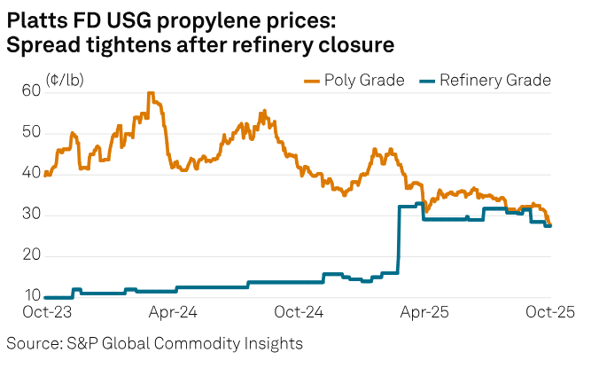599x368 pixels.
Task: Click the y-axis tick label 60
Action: coord(32,90)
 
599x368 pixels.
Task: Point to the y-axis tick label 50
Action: coord(32,132)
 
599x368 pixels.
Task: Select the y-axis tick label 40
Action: coord(32,174)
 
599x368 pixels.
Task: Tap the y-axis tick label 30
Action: coord(32,215)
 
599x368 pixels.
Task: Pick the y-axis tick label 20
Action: coord(32,256)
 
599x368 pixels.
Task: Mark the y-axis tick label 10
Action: coord(32,297)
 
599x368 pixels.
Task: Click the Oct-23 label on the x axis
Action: coord(46,313)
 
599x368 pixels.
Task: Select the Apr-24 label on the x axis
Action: coord(173,313)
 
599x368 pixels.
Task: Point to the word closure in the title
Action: coord(352,44)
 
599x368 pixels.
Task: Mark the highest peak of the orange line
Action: coord(151,93)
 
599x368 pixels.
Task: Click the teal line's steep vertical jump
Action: coord(399,239)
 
